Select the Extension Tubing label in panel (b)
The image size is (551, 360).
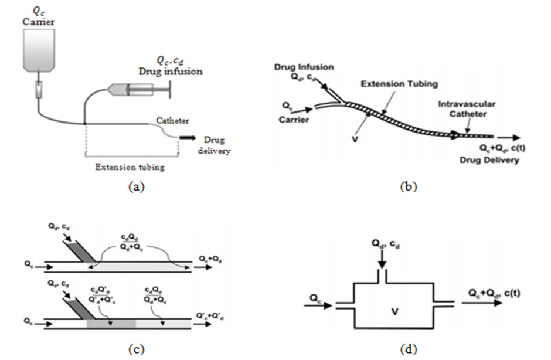[x=399, y=84]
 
